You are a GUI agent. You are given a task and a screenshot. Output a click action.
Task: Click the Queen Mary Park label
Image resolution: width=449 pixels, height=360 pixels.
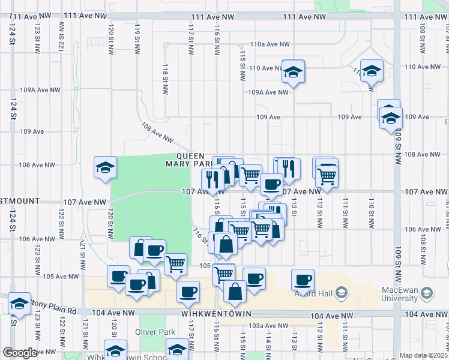pos(189,159)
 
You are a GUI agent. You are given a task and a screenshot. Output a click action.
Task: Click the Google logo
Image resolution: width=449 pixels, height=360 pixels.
pos(20,353)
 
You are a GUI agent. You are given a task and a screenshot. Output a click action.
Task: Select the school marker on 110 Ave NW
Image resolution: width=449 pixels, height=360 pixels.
pos(293,72)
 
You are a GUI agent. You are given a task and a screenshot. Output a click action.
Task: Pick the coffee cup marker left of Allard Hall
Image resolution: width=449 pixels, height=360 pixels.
pos(303,279)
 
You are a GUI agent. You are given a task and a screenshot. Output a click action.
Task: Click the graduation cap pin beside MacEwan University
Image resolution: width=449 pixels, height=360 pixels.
pos(427,293)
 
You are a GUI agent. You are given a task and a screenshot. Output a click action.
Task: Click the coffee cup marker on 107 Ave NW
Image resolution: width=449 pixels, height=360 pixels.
pos(271,184)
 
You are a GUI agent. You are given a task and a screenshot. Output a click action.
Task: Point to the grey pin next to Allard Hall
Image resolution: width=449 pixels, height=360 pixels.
pos(342,293)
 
